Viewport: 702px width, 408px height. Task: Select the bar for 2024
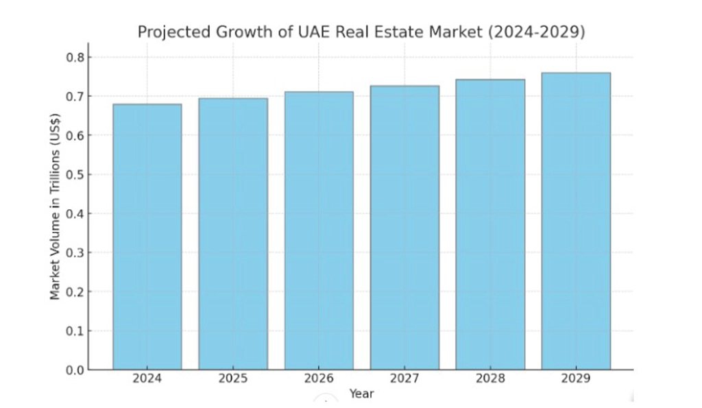tap(147, 237)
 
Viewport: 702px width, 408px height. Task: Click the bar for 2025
tap(233, 234)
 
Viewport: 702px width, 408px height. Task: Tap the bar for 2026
tap(319, 230)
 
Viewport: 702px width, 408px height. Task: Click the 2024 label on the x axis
tap(147, 378)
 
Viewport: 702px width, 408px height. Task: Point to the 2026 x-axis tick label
tap(319, 378)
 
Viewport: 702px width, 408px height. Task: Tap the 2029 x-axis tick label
tap(576, 378)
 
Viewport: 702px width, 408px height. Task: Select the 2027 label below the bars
tap(404, 378)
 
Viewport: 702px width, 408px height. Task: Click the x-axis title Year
tap(361, 394)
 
